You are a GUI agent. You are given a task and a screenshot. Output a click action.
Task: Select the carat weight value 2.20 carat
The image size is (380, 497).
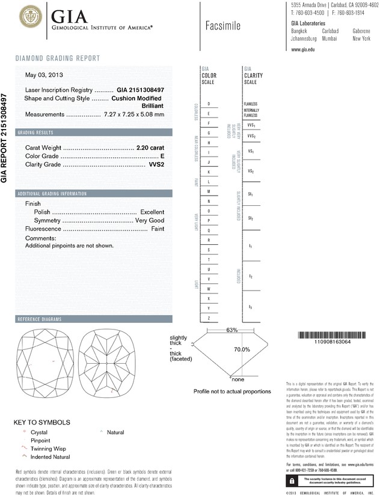pos(150,147)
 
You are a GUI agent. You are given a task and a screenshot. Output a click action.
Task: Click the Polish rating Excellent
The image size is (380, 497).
pos(152,212)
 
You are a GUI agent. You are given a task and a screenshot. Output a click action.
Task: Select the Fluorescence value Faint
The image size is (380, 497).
pos(158,229)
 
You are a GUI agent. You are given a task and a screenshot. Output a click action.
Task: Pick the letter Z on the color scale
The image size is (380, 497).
pos(208,318)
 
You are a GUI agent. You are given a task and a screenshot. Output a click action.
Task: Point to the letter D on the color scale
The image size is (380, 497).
pos(208,104)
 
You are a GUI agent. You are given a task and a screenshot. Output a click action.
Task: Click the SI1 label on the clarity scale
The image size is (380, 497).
pos(250,195)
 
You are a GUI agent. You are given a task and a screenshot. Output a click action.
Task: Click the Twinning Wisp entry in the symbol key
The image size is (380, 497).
pos(44,448)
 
